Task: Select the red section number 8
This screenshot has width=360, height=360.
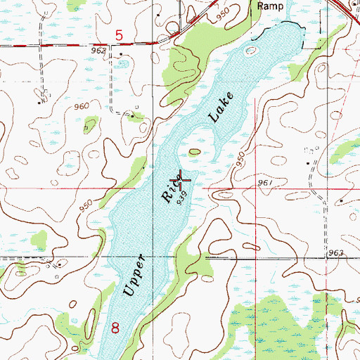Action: (x=116, y=327)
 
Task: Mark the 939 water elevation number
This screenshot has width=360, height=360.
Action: (x=185, y=200)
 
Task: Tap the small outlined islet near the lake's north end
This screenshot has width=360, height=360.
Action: (x=252, y=51)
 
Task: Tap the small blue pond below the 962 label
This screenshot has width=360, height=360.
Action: (x=124, y=64)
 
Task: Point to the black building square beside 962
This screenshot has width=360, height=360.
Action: (x=122, y=53)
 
